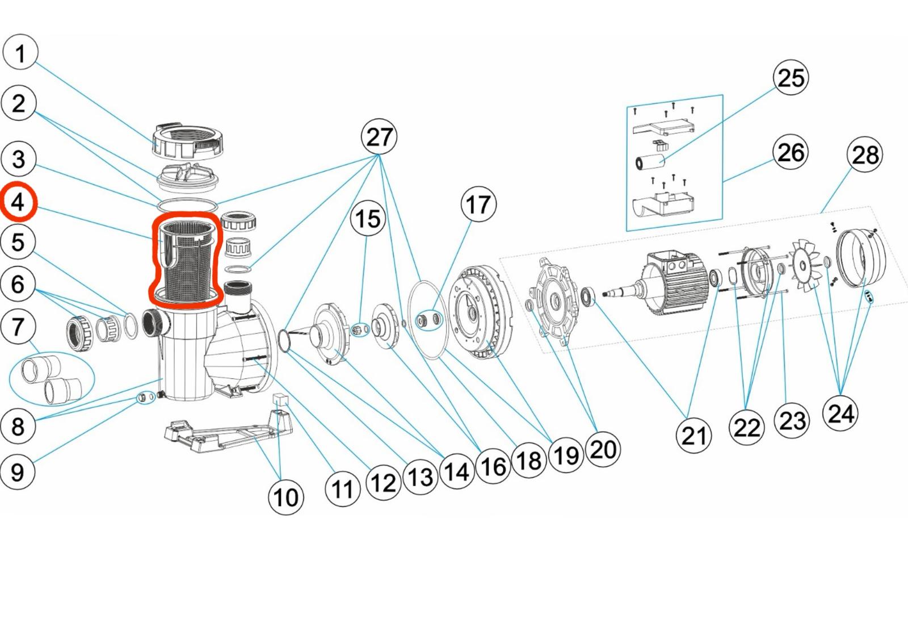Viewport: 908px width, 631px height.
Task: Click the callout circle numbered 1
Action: coord(20,53)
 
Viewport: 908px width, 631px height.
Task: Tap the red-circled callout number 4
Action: coord(18,202)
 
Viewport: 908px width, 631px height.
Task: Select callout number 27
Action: coord(379,137)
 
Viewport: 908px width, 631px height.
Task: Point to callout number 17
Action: coord(478,204)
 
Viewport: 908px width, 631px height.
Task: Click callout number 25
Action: coord(791,77)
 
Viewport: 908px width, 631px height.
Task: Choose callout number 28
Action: coord(864,154)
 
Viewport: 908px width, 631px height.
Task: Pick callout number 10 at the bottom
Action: coord(285,497)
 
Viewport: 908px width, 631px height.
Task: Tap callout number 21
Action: coord(693,436)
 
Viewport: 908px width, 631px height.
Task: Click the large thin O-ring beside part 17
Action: coord(428,320)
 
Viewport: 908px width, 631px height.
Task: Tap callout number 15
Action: coord(368,219)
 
